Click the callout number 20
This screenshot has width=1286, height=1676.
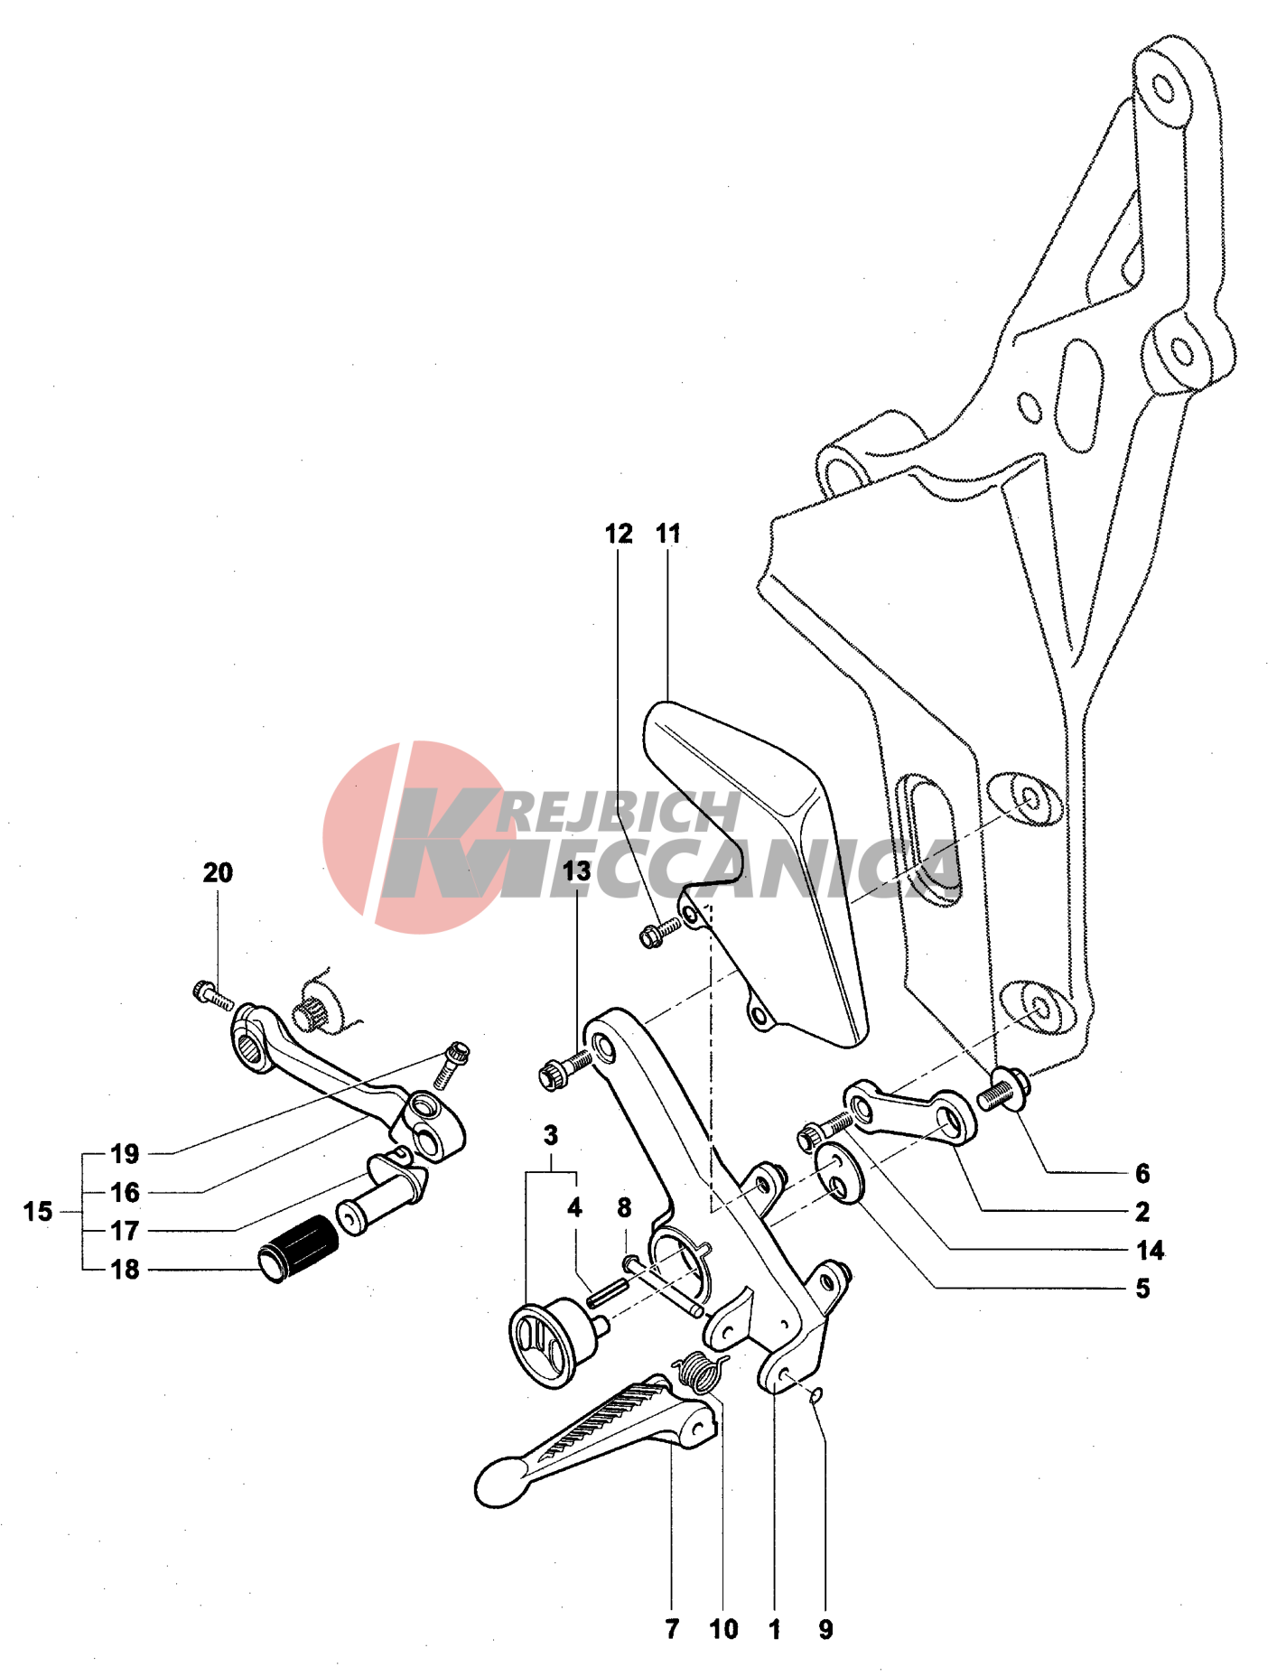click(218, 872)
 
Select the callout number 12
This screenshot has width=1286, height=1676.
click(619, 534)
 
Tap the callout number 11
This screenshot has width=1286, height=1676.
click(668, 534)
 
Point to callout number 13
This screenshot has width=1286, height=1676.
click(576, 871)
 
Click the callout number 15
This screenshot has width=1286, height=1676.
click(38, 1211)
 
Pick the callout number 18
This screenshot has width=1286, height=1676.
click(125, 1269)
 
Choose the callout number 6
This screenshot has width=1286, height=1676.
click(1142, 1173)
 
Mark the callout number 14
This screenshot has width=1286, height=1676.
click(1150, 1250)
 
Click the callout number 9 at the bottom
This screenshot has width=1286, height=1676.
click(825, 1629)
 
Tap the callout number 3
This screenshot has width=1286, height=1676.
click(551, 1135)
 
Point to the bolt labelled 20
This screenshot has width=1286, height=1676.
click(213, 995)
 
